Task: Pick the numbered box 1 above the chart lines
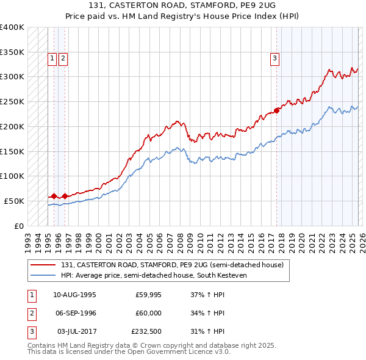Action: pyautogui.click(x=52, y=59)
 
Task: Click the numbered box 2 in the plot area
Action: pyautogui.click(x=63, y=59)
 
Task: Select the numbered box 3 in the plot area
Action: pyautogui.click(x=275, y=59)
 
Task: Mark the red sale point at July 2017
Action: pyautogui.click(x=276, y=110)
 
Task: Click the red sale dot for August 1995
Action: pyautogui.click(x=54, y=196)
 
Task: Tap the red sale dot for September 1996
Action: pyautogui.click(x=65, y=196)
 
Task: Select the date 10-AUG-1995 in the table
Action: pyautogui.click(x=74, y=295)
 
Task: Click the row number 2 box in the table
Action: pyautogui.click(x=30, y=313)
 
